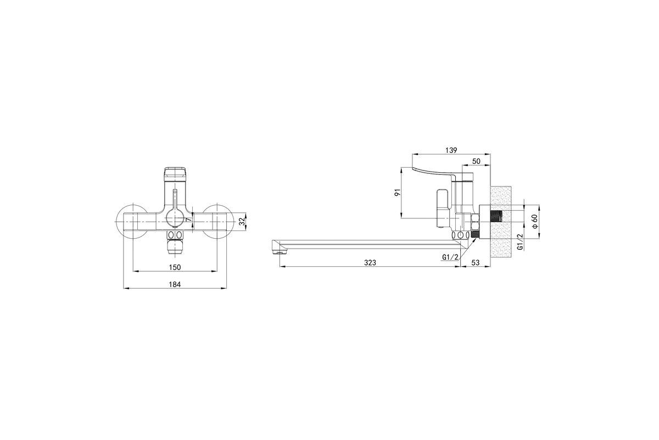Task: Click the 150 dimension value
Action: [x=175, y=267]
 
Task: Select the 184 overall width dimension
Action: [x=175, y=284]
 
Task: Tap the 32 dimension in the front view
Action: [x=242, y=221]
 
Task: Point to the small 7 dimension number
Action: [x=189, y=219]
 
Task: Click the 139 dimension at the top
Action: [x=451, y=150]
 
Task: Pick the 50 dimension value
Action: [x=476, y=161]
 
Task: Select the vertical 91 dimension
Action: [x=398, y=193]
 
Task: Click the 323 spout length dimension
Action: [x=370, y=262]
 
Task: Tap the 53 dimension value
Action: [x=476, y=262]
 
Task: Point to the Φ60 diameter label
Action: [x=534, y=221]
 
